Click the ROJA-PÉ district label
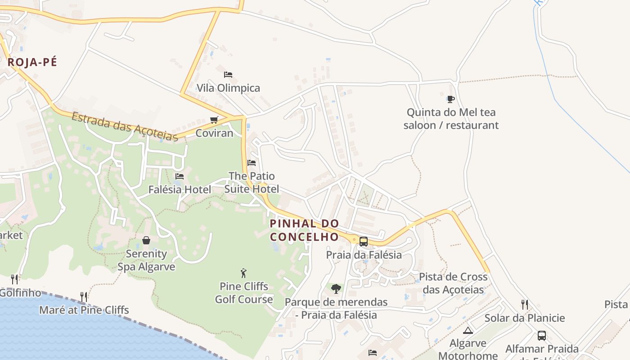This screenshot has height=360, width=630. [x=32, y=63]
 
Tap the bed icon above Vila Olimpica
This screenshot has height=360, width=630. [x=228, y=74]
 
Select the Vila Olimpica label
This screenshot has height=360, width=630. [x=228, y=88]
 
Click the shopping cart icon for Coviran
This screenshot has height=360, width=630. [x=214, y=120]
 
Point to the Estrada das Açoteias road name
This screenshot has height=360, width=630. [x=125, y=126]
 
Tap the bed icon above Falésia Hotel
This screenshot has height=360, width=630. [x=180, y=176]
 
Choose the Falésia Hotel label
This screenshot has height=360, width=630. [x=180, y=189]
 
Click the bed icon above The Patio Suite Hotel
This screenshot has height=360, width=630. [x=252, y=162]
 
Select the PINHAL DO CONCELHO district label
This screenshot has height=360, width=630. [x=305, y=230]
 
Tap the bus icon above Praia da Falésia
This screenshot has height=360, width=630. [x=364, y=241]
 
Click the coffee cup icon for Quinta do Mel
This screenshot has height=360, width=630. [x=451, y=99]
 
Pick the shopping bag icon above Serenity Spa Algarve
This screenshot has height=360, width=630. [x=146, y=240]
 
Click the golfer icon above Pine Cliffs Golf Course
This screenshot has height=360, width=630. [x=243, y=273]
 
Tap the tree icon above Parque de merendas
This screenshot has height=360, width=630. [x=336, y=288]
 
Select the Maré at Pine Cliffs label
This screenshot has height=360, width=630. [x=84, y=310]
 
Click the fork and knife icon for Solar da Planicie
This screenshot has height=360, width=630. [x=524, y=305]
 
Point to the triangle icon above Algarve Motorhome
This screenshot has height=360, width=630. [x=468, y=330]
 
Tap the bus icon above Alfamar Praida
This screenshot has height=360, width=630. [x=542, y=335]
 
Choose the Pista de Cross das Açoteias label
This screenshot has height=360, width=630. [x=453, y=283]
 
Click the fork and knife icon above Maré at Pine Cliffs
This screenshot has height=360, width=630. [x=84, y=297]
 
